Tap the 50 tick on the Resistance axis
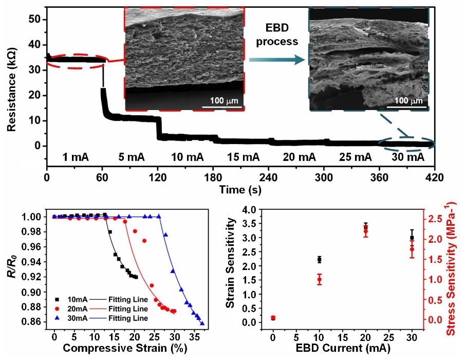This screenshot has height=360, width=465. tap(39, 20)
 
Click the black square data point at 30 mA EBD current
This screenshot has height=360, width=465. tap(412, 238)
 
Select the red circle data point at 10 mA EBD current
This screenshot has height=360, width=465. tap(319, 280)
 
